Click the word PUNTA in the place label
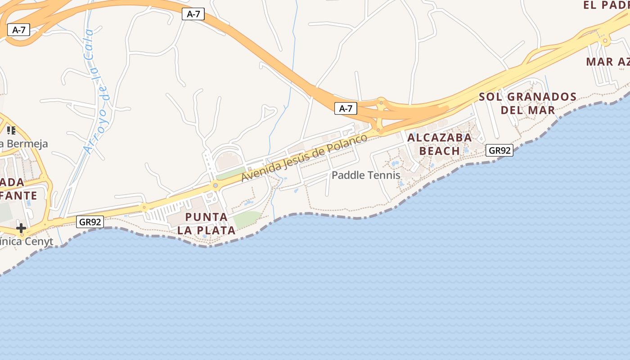pos(206,217)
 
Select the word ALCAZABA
pos(440,138)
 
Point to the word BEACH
pos(440,151)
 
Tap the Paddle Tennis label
pos(366,175)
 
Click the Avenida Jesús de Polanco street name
pos(305,157)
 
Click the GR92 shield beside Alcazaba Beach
pos(499,150)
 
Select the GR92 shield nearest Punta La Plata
pos(90,221)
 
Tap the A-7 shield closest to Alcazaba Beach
pos(346,108)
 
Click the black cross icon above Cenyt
pos(21,228)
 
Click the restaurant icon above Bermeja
pos(11,130)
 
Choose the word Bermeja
pos(27,144)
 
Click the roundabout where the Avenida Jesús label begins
pos(216,185)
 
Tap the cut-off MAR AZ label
pos(607,62)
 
